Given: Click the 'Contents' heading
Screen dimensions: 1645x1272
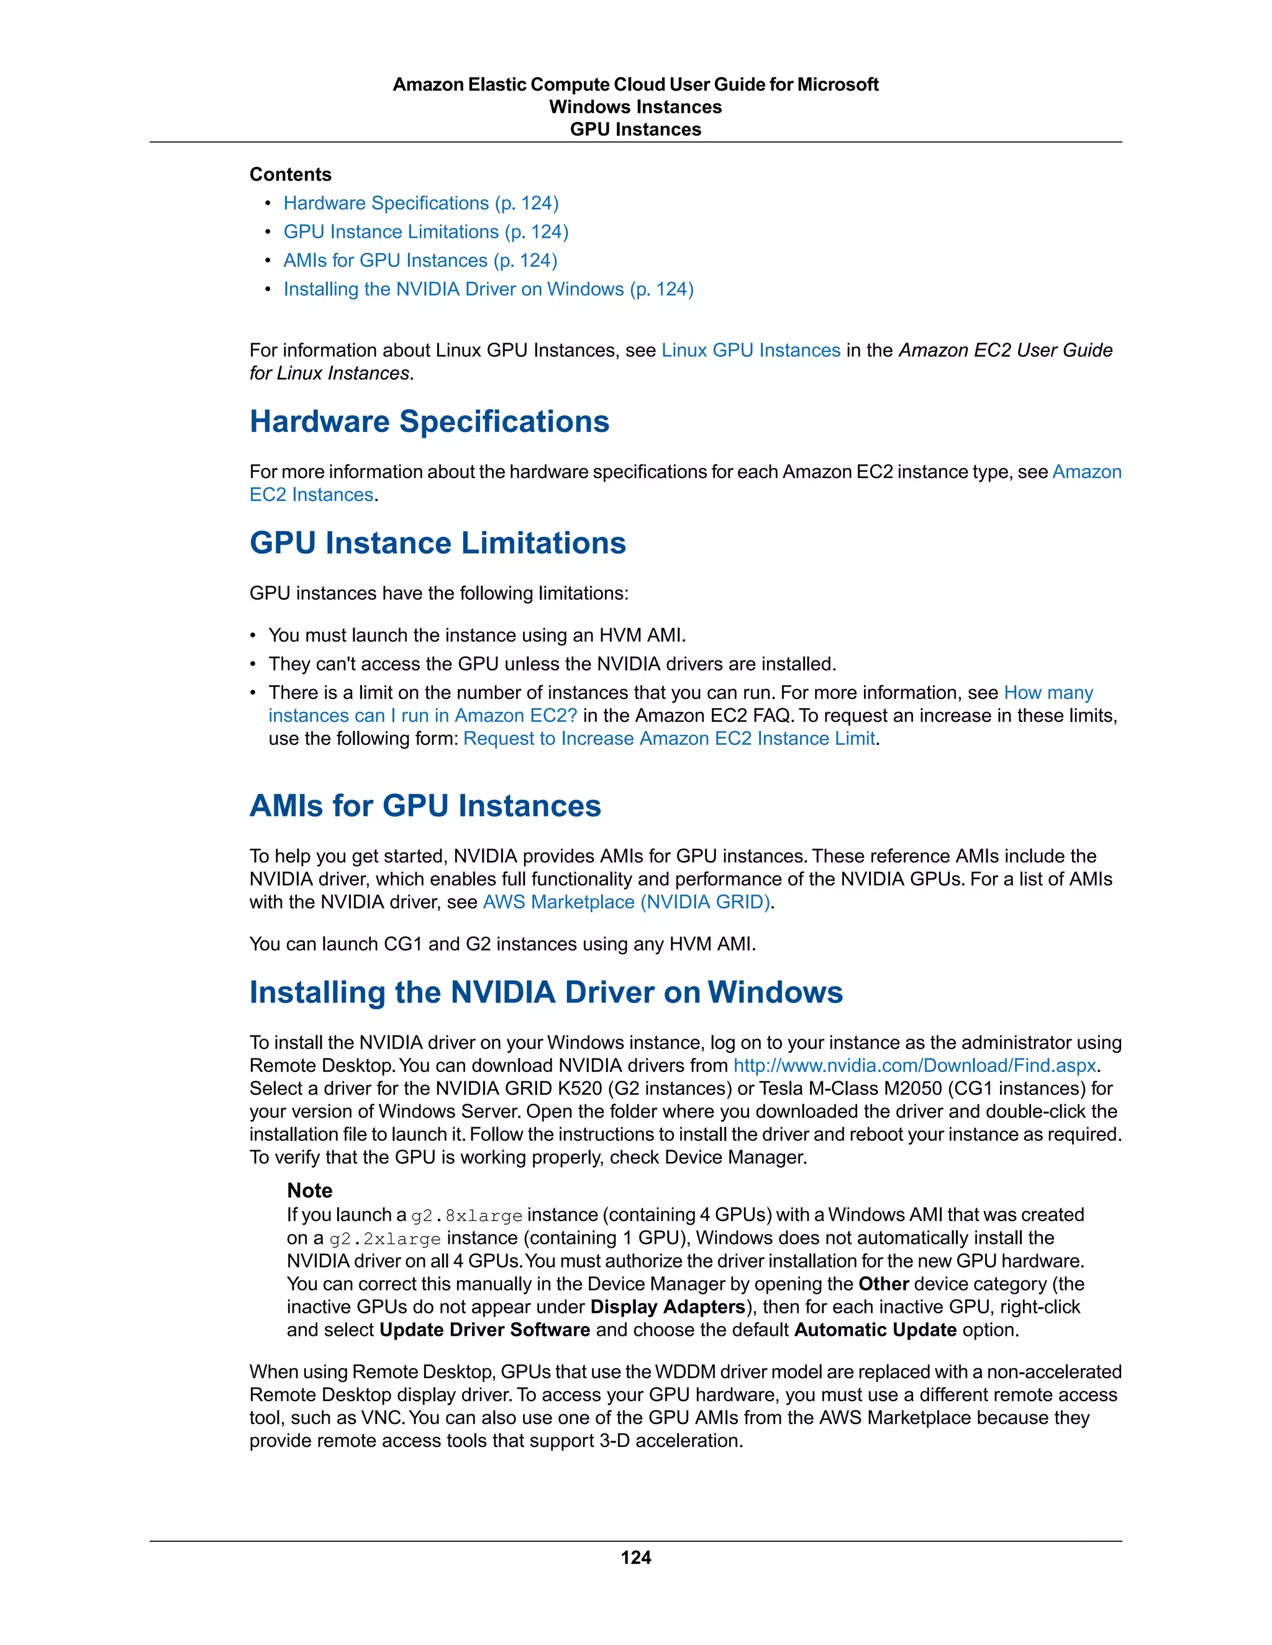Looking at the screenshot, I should click(x=290, y=175).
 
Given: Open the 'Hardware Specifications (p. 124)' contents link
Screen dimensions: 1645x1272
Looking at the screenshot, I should click(x=420, y=204).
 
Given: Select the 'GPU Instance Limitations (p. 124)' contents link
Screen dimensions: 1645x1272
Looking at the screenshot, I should click(x=425, y=232).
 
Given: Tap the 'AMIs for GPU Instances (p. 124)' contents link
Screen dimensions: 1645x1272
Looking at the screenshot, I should click(x=420, y=261).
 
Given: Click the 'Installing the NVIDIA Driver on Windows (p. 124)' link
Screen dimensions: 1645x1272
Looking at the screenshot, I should click(x=488, y=289).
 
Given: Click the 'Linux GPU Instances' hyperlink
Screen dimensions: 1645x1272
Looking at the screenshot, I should click(x=750, y=350).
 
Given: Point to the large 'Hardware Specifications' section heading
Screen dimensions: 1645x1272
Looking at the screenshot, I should click(x=429, y=421).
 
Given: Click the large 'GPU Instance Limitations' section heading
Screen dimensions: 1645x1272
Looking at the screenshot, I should click(x=437, y=543).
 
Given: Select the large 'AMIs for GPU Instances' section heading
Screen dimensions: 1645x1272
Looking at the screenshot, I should click(x=425, y=806).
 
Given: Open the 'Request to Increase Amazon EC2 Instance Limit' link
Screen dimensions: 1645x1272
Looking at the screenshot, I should click(x=669, y=739).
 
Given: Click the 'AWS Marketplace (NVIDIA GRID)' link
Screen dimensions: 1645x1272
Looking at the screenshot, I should click(x=626, y=903).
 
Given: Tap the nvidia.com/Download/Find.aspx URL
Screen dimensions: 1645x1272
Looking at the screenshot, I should click(x=915, y=1066).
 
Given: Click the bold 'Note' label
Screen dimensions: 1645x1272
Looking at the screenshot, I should click(x=309, y=1191).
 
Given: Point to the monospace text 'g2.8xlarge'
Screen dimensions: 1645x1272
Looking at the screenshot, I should click(x=466, y=1215).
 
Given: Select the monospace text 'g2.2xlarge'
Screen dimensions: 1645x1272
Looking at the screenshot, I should click(x=385, y=1239).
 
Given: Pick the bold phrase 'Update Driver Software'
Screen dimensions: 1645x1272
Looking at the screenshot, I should click(x=484, y=1330).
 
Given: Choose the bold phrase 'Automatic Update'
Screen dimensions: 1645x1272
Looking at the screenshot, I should click(x=875, y=1330).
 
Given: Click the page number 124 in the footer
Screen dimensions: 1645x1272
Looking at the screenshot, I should click(x=635, y=1557).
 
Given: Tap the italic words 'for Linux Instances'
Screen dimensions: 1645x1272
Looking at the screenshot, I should click(x=329, y=374).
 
